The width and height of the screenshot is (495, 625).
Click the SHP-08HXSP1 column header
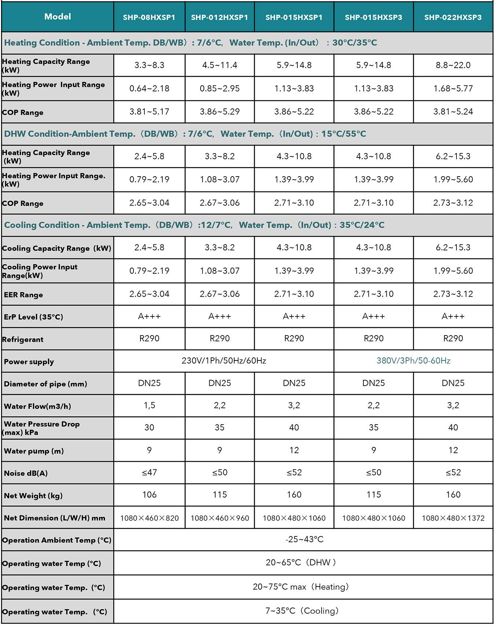click(x=149, y=17)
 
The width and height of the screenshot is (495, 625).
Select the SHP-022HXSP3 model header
click(x=453, y=17)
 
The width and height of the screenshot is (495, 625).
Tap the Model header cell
click(x=58, y=16)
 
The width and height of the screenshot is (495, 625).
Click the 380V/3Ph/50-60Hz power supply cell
click(x=413, y=361)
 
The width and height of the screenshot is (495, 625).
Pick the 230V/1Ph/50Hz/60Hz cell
click(x=224, y=361)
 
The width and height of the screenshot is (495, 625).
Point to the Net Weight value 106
click(x=149, y=495)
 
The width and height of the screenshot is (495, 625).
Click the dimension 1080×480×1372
click(x=453, y=518)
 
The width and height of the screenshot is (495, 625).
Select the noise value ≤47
click(x=149, y=473)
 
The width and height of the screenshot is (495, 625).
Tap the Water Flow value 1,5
click(x=149, y=405)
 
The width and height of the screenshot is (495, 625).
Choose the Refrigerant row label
click(x=23, y=340)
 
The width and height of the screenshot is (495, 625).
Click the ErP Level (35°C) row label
click(x=33, y=317)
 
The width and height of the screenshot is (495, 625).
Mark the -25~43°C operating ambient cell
click(x=304, y=539)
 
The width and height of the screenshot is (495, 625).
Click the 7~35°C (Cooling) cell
click(x=302, y=611)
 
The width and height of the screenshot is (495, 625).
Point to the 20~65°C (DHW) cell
click(x=301, y=562)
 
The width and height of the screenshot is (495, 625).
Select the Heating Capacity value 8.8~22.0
click(x=453, y=65)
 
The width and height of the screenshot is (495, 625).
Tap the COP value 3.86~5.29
click(x=220, y=112)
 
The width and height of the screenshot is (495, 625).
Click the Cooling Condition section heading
click(x=194, y=225)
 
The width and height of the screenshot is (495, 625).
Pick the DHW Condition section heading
click(x=185, y=134)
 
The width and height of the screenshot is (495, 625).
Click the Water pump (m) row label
click(x=34, y=451)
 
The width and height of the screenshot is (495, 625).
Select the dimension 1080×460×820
click(x=149, y=518)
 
